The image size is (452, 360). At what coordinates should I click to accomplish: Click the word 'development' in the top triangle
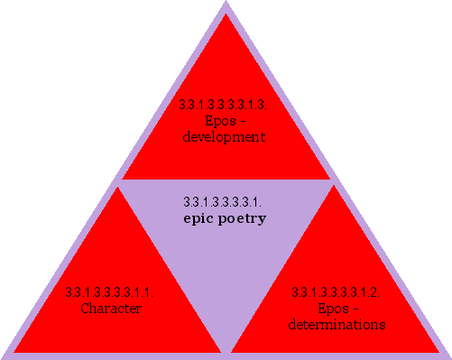(224, 138)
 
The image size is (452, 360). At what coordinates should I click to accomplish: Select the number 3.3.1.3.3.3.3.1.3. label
(224, 106)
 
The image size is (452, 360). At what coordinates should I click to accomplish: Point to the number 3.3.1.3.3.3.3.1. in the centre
(222, 201)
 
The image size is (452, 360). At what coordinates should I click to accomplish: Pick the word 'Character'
(111, 309)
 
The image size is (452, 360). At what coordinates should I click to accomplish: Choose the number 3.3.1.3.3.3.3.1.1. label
(110, 292)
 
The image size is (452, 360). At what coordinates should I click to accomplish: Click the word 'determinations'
(337, 324)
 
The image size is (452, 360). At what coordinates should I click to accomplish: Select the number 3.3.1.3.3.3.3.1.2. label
(336, 292)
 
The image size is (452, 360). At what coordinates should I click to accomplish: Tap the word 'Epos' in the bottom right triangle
(329, 309)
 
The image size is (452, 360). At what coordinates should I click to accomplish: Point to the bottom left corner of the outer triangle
(4, 355)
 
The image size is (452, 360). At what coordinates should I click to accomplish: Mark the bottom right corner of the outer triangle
(448, 355)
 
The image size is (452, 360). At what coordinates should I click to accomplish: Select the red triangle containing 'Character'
(113, 289)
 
